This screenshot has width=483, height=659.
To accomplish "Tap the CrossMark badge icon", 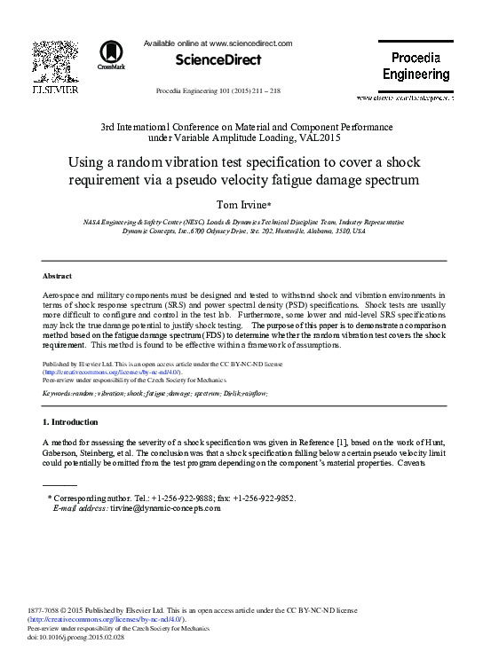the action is click(112, 56).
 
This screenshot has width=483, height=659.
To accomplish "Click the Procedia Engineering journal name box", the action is click(416, 66).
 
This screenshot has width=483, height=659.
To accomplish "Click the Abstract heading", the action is click(57, 277).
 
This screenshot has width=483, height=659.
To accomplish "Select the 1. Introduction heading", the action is click(70, 420).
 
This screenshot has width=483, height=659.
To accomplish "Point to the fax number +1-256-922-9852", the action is click(264, 498).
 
